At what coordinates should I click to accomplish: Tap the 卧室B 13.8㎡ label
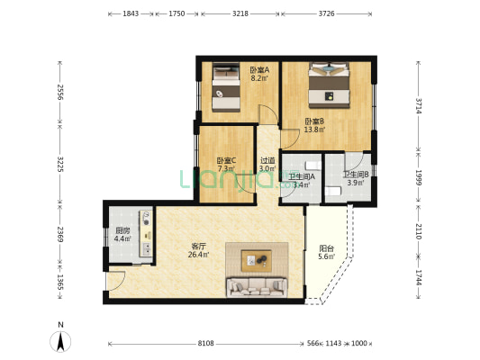(x=314, y=125)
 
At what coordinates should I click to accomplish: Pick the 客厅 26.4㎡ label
(x=198, y=250)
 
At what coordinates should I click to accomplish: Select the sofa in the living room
(x=257, y=287)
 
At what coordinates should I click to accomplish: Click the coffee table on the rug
(x=257, y=261)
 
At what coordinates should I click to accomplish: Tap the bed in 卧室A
(x=226, y=87)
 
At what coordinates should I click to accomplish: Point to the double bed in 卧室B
(x=329, y=85)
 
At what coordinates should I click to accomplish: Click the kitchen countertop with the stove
(x=146, y=233)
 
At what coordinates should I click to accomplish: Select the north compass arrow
(x=60, y=341)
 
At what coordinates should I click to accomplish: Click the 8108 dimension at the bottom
(x=205, y=344)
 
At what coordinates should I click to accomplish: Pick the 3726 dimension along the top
(x=326, y=13)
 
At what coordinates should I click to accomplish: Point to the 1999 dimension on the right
(x=419, y=177)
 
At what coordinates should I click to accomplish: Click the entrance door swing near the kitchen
(x=116, y=281)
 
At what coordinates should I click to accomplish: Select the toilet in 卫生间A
(x=313, y=166)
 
